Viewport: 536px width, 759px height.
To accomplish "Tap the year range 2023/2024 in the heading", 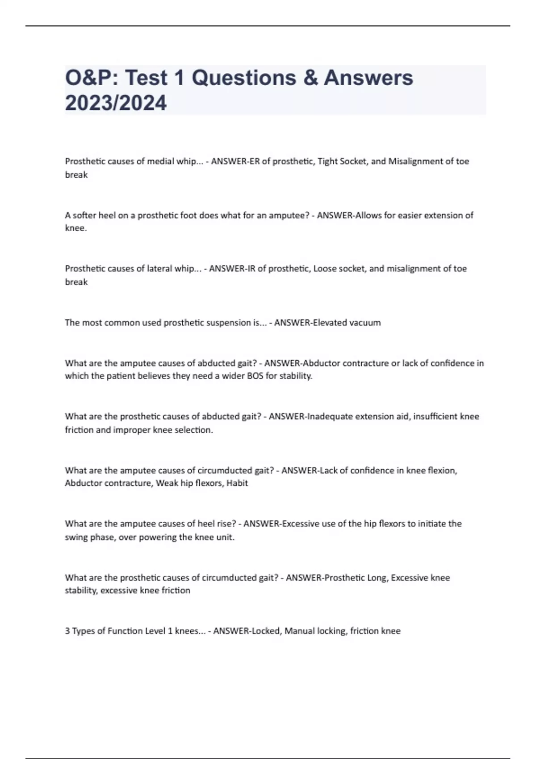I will coord(116,103).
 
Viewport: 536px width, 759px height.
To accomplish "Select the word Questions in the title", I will coord(244,78).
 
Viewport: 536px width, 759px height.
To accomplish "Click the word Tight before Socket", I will coord(327,161).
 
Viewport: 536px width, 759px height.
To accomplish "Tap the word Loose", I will coord(325,268).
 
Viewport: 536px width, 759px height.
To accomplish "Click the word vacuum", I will coord(365,322).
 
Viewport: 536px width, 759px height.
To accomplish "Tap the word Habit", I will coord(237,483).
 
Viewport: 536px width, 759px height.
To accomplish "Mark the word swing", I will coord(76,537).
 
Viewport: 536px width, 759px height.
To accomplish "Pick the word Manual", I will coord(299,631).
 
